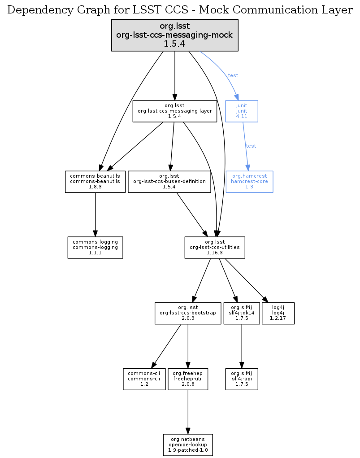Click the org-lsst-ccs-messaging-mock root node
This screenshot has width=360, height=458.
(174, 35)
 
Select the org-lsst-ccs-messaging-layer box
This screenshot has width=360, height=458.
(174, 111)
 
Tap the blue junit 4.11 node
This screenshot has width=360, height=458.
(242, 111)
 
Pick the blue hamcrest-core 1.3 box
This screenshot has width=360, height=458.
(249, 182)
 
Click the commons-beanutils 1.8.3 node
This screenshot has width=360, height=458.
(95, 182)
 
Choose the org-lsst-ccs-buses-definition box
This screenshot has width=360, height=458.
(169, 182)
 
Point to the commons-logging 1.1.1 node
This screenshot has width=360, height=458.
(95, 248)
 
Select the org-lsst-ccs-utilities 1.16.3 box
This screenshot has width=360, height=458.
(215, 248)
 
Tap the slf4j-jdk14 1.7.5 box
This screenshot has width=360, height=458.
(242, 313)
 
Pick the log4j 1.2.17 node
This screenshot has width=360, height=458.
(278, 313)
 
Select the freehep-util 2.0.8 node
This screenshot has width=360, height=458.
(188, 379)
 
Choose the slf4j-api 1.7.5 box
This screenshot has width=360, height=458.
(242, 379)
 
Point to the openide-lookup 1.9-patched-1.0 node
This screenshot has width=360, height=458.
(188, 445)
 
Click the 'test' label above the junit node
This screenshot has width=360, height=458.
(233, 75)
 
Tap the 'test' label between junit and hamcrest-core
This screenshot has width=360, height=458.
(251, 146)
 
